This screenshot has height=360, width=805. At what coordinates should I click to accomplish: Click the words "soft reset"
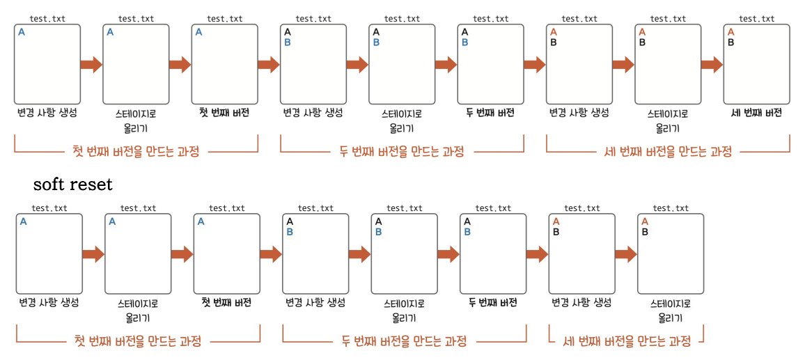72,185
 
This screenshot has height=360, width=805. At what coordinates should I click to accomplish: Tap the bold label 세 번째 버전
756,113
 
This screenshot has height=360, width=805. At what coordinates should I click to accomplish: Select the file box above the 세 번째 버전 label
756,64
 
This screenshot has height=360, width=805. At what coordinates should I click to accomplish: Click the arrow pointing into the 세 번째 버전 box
712,65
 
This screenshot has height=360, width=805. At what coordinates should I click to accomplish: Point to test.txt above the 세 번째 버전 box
756,19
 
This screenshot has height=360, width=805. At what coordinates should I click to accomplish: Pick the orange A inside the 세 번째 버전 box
730,32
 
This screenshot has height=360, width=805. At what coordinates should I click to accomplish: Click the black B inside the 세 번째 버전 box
730,42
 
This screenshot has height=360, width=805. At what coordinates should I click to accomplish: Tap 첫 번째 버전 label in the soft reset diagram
226,302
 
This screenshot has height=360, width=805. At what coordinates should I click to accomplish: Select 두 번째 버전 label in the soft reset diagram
492,302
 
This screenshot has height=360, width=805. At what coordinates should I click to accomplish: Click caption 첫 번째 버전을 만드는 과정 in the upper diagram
136,152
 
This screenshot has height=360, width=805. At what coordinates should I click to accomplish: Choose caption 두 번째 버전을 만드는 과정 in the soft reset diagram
404,341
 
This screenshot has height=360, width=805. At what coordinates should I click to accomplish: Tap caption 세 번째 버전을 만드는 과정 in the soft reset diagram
627,341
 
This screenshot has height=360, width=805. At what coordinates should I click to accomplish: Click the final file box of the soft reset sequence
671,253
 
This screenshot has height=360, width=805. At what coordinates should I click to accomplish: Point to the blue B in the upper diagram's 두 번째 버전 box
464,42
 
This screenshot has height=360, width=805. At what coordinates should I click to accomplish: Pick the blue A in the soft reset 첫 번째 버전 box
201,221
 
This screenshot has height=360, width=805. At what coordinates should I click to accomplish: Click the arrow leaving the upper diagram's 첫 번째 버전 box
269,65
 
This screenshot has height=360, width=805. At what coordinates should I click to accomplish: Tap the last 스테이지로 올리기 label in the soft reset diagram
671,311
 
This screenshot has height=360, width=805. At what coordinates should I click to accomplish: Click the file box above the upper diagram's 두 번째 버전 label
490,64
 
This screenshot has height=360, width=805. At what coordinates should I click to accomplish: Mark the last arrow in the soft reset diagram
626,254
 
